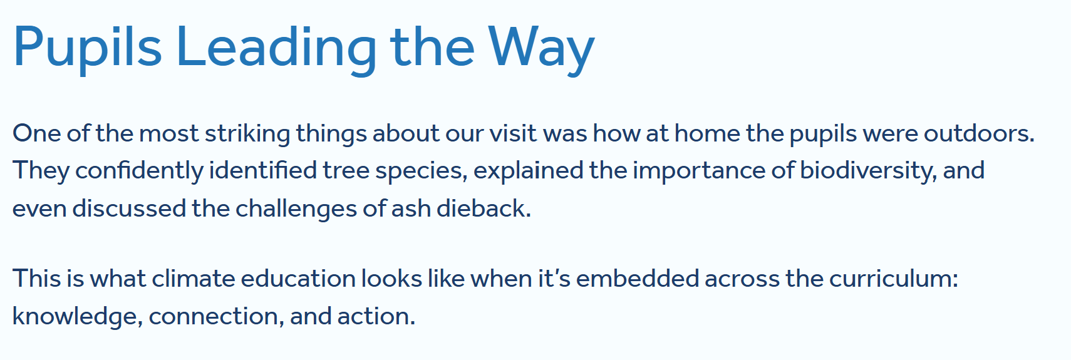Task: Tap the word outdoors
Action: click(979, 133)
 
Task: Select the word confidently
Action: click(139, 172)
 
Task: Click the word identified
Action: click(263, 170)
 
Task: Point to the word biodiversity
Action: click(868, 172)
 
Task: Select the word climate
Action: click(194, 278)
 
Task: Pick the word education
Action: click(298, 278)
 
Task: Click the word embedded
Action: click(638, 278)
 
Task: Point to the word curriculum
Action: click(894, 278)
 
